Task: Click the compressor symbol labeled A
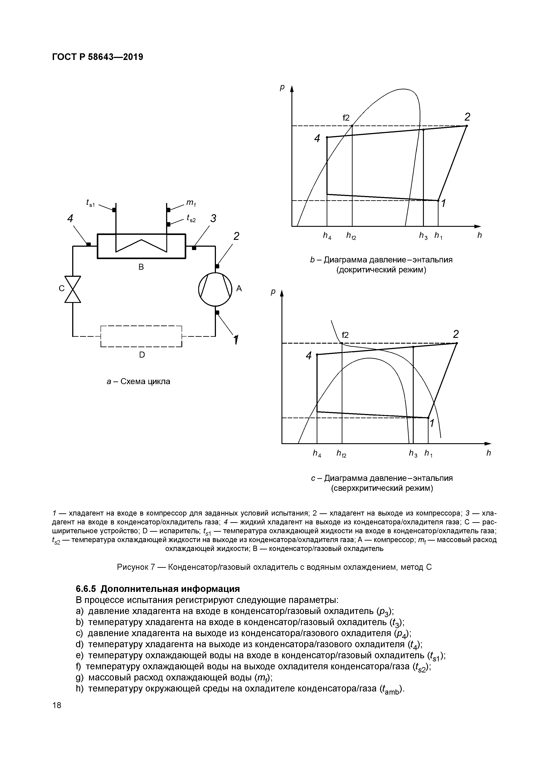(x=215, y=290)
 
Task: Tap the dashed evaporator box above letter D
(x=141, y=336)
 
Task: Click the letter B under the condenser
(x=141, y=267)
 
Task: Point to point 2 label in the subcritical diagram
(x=467, y=117)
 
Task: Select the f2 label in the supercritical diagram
(x=345, y=335)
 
